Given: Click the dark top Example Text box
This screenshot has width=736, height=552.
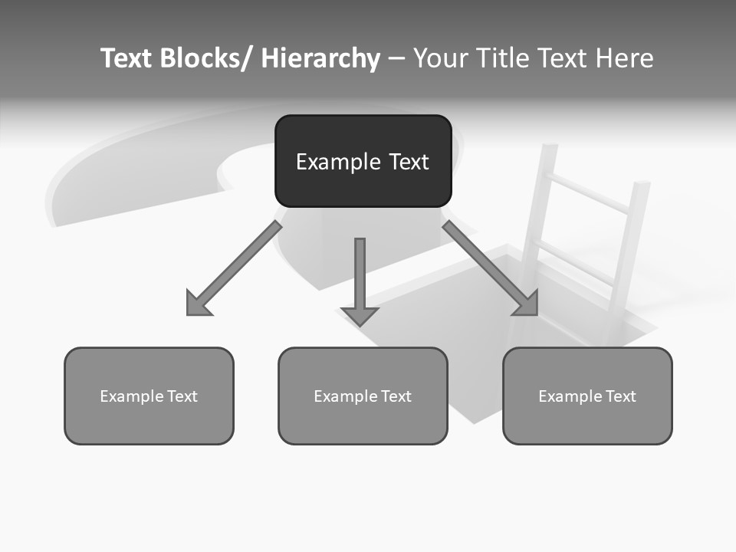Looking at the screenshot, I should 363,161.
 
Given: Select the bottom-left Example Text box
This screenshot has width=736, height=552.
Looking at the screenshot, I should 149,396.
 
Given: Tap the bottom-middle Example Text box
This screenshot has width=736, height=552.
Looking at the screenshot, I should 363,396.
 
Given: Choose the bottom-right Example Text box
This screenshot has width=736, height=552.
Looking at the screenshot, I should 587,396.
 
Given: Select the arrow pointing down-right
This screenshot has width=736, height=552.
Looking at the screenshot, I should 491,268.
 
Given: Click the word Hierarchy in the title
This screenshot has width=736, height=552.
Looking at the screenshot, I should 320,58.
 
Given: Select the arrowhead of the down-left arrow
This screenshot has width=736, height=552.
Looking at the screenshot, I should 198,304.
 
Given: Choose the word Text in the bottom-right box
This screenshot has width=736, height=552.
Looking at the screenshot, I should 620,396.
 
